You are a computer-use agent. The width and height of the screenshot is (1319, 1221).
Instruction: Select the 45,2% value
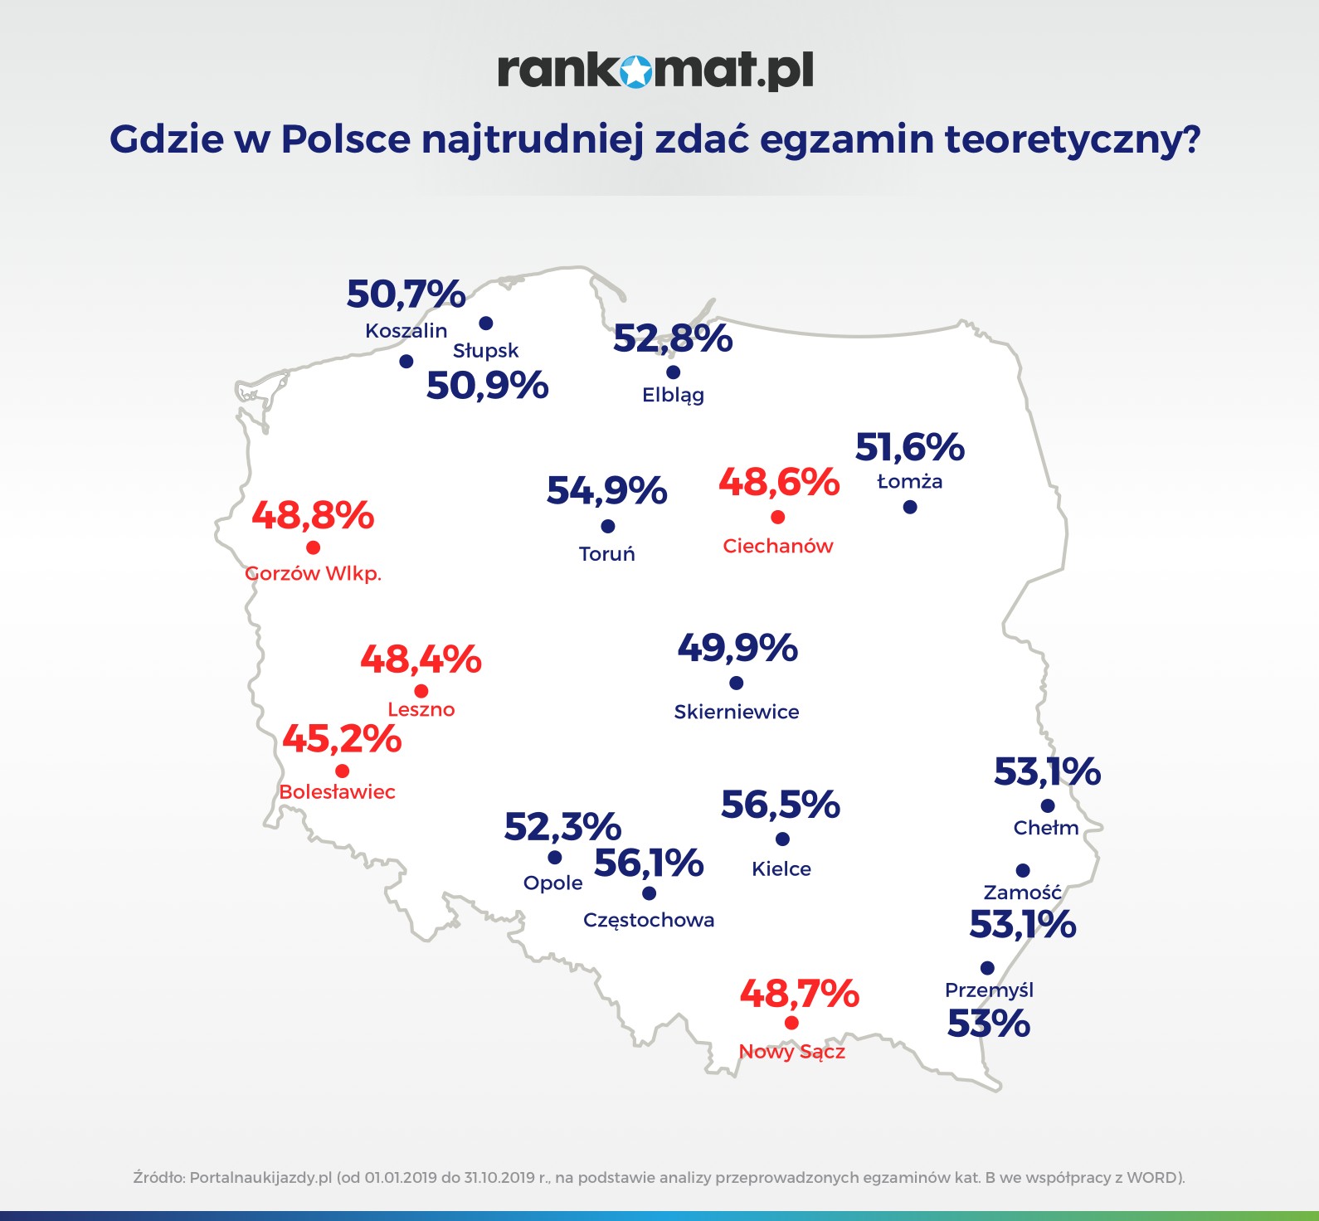coord(342,738)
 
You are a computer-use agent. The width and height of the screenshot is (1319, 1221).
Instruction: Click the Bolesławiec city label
coord(337,792)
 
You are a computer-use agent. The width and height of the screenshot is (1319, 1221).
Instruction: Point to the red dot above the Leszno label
coord(421,691)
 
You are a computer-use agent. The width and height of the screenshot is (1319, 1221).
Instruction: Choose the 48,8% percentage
coord(313,515)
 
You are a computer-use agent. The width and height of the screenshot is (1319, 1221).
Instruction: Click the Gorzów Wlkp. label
coord(314,573)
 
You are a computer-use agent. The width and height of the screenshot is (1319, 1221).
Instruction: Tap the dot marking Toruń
coord(607,527)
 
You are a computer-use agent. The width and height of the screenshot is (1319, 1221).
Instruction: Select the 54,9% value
coord(606,490)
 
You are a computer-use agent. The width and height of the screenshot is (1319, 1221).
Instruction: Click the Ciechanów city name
coord(777,546)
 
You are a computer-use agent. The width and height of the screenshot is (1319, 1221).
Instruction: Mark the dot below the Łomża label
coord(910,507)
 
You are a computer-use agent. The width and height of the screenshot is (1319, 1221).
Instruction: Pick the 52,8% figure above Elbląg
coord(673,338)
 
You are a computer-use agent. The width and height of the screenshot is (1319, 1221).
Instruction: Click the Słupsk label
coord(485,351)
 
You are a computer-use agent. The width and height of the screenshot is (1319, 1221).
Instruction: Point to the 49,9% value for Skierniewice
coord(737,648)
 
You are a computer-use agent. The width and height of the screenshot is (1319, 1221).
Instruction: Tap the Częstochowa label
coord(649,920)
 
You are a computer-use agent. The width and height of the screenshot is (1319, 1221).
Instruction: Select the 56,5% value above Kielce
coord(781,805)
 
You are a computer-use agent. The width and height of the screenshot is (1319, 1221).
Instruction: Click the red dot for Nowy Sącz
coord(791,1023)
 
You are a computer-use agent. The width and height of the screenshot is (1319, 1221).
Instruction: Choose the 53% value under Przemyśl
coord(988,1024)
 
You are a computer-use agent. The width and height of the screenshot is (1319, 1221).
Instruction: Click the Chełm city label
coord(1046,828)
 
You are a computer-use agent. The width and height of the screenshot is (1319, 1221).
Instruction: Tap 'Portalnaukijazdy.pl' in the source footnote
coord(260,1177)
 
